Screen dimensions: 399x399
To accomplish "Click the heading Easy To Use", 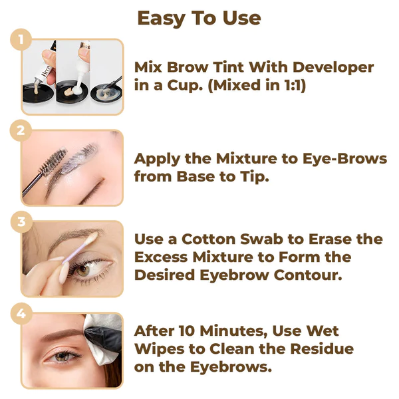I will [199, 18].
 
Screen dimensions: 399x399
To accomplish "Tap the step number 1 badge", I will [21, 39].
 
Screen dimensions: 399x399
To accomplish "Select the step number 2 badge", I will [21, 130].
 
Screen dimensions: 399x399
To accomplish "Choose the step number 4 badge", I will [21, 313].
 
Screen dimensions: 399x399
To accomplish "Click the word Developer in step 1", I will [331, 68].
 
